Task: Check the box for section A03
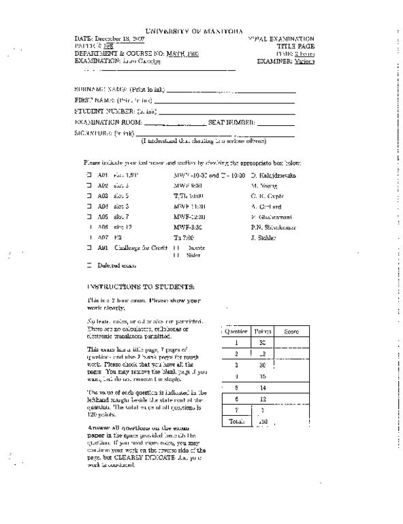tap(88, 195)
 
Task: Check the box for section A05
tap(88, 216)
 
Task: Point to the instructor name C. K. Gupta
tap(266, 195)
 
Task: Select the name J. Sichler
tap(263, 238)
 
